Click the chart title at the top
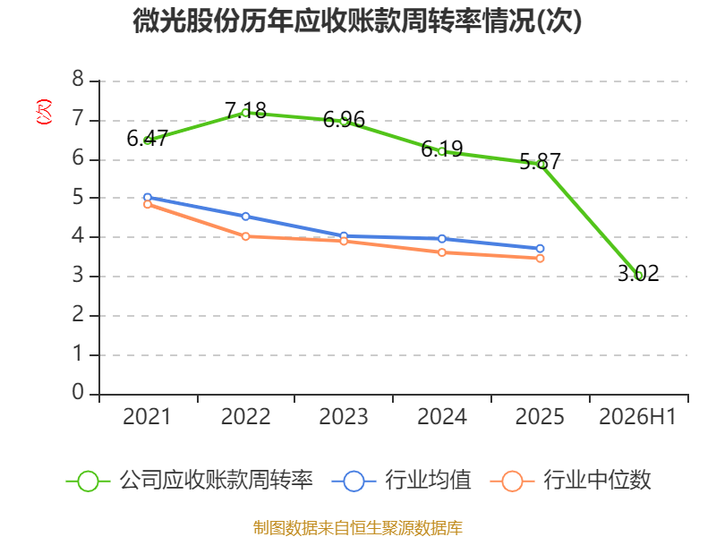(x=357, y=21)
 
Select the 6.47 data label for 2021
(x=148, y=139)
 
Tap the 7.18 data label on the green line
(x=245, y=110)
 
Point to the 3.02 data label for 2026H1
(x=638, y=274)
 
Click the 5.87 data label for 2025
(x=540, y=162)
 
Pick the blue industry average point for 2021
(x=148, y=197)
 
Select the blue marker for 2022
(x=245, y=217)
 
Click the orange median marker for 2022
(x=245, y=236)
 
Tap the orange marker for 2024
(x=442, y=252)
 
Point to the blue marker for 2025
(x=540, y=249)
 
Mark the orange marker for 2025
(x=540, y=259)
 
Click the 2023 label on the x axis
(x=344, y=416)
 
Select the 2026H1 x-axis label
(x=637, y=416)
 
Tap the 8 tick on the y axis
(x=78, y=79)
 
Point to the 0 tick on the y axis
(x=78, y=392)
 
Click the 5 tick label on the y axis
(x=78, y=197)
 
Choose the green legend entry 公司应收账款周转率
(x=189, y=481)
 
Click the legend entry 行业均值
(x=401, y=481)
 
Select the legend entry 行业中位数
(x=570, y=481)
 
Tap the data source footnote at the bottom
(x=358, y=528)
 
